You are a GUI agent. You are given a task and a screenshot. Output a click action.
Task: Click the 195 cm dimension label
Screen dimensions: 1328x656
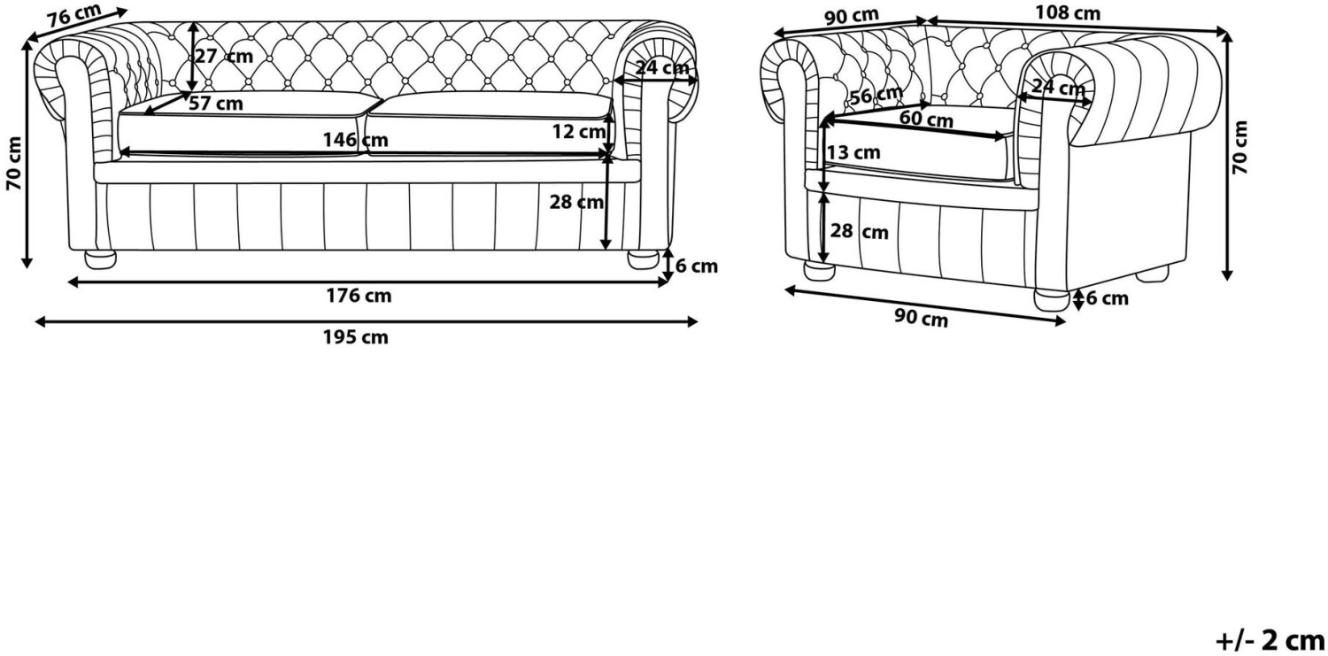pos(356,338)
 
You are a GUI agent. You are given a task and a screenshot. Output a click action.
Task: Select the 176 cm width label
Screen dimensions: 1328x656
pos(359,296)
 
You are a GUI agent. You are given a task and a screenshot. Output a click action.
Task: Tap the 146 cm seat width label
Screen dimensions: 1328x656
pos(355,141)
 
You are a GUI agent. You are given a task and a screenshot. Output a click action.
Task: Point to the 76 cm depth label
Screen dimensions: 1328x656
pos(74,15)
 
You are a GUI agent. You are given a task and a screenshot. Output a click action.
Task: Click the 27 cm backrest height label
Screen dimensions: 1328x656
pos(224,57)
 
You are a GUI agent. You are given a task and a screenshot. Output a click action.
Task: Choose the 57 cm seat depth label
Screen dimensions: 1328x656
pos(216,104)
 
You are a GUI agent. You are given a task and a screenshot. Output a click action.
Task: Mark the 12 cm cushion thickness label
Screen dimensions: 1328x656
pos(579,132)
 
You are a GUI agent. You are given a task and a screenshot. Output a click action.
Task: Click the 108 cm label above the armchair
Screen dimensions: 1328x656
pos(1067,13)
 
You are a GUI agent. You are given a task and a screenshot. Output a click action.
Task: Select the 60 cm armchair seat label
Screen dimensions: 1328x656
pos(926,120)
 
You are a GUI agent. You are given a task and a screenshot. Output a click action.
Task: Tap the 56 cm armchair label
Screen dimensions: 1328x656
pos(876,95)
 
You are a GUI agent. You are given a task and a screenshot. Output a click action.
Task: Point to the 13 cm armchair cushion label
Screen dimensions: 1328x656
pos(853,153)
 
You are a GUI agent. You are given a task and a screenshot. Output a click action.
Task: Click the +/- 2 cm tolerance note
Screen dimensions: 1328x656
pos(1270,641)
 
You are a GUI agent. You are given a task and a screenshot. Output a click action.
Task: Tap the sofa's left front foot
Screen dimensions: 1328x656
pos(100,259)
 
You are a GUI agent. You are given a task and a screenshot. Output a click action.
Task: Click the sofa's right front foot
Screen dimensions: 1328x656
pos(644,259)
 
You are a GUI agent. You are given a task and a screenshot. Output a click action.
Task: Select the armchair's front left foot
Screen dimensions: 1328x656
pos(819,272)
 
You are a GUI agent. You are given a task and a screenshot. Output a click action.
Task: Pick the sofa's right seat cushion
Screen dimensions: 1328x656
pos(489,125)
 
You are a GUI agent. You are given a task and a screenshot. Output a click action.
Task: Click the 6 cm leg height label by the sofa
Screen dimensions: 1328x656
pos(697,266)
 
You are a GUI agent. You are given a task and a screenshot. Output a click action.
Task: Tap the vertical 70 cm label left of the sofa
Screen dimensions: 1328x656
pos(14,163)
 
